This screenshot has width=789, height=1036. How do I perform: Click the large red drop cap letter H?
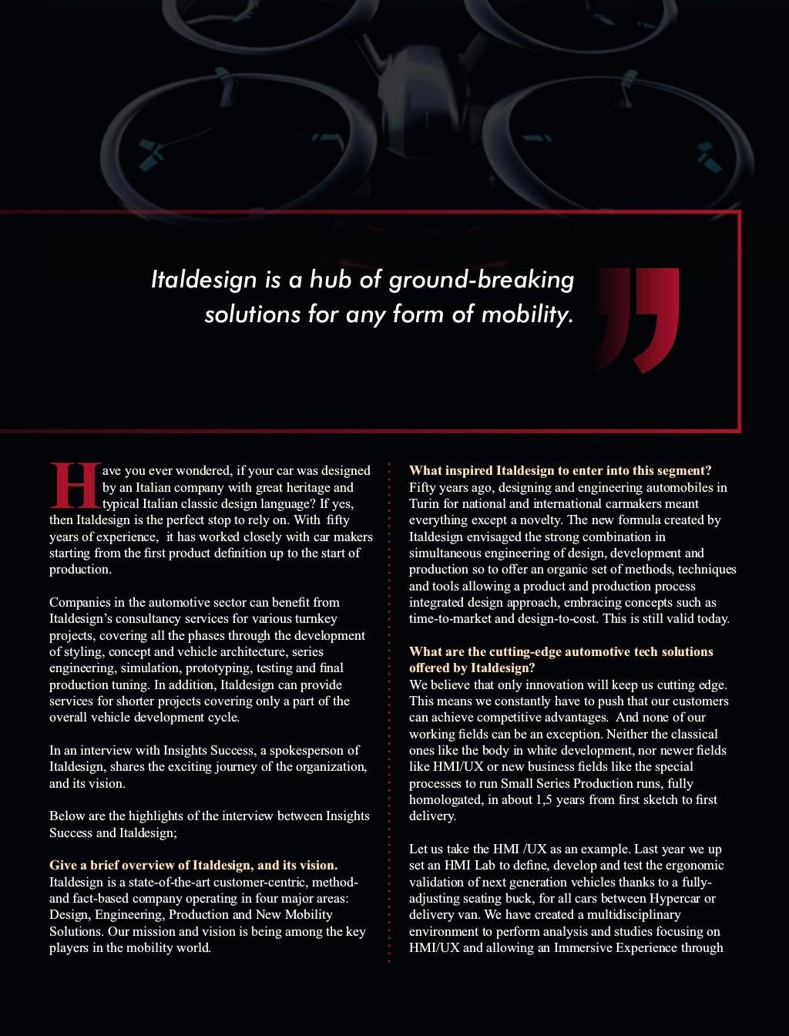pyautogui.click(x=75, y=486)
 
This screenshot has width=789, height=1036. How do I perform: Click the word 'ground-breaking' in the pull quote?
pyautogui.click(x=482, y=279)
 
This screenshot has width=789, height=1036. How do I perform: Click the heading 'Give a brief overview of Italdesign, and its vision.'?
pyautogui.click(x=193, y=865)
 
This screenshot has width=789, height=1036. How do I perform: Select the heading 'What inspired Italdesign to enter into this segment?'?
pyautogui.click(x=560, y=470)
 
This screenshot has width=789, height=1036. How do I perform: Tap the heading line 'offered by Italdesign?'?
pyautogui.click(x=472, y=668)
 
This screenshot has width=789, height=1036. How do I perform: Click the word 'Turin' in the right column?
pyautogui.click(x=425, y=503)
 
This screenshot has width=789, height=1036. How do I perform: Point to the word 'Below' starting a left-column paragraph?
pyautogui.click(x=65, y=816)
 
